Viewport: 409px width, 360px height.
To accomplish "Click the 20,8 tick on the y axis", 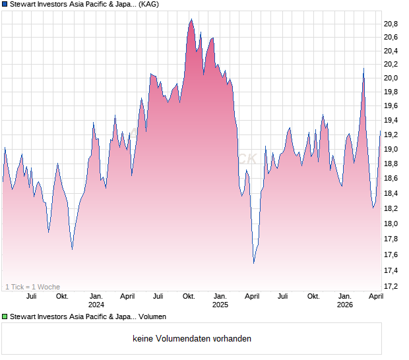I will [x=392, y=24].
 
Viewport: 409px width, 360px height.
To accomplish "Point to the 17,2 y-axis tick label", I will [x=392, y=286].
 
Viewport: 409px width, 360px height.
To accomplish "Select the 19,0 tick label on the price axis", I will [x=392, y=149].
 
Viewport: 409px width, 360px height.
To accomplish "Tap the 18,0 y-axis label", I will [x=392, y=224].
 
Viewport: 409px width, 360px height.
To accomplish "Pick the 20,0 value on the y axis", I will [x=392, y=78].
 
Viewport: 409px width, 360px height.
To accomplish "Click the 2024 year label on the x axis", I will [x=96, y=305].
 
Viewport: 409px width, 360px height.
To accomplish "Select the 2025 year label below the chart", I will [x=220, y=305].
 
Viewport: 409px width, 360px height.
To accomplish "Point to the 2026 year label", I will [x=344, y=305].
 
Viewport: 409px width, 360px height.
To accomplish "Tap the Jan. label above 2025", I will [x=220, y=296].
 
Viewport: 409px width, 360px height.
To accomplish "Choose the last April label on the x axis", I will [x=376, y=296].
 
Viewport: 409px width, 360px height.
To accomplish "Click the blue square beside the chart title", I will [x=5, y=5].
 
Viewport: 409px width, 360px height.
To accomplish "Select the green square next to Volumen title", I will [x=5, y=317].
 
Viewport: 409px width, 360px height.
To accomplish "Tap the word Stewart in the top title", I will [x=24, y=5].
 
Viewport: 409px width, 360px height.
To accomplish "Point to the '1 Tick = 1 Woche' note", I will [x=32, y=287].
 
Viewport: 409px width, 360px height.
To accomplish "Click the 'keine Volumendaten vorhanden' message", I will [x=191, y=339].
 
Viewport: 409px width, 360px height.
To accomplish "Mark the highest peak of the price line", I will [x=191, y=19].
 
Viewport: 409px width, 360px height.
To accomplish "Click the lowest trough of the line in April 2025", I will [x=254, y=263].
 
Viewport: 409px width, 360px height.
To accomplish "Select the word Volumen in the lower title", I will [x=152, y=317].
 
